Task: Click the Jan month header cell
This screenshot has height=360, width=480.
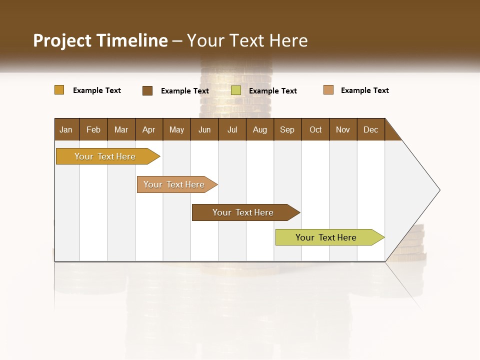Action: click(x=66, y=129)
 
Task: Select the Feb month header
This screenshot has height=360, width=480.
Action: click(x=93, y=129)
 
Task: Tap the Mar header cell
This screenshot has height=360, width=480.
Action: click(x=121, y=129)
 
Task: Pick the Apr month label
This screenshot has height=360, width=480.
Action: click(x=149, y=129)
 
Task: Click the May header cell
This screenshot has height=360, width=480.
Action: click(x=176, y=129)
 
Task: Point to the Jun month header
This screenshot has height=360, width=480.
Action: click(x=204, y=129)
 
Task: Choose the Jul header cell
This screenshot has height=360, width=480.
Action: click(x=232, y=129)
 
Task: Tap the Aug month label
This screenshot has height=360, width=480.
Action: click(x=260, y=129)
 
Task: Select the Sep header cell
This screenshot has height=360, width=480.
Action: click(x=287, y=129)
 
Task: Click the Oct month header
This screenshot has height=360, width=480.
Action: click(x=315, y=129)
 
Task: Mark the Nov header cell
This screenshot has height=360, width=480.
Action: click(x=343, y=129)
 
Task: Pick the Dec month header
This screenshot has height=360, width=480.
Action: click(x=371, y=129)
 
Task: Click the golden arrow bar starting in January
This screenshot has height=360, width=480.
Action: click(x=105, y=156)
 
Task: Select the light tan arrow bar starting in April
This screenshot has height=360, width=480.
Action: click(x=174, y=184)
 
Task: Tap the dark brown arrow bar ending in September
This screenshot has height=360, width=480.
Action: click(x=243, y=212)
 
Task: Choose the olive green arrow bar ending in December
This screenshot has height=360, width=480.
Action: click(x=326, y=237)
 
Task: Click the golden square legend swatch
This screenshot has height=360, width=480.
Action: click(x=59, y=90)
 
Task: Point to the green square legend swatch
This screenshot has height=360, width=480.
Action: click(x=236, y=90)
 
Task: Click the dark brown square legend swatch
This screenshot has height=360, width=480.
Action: click(x=147, y=90)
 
